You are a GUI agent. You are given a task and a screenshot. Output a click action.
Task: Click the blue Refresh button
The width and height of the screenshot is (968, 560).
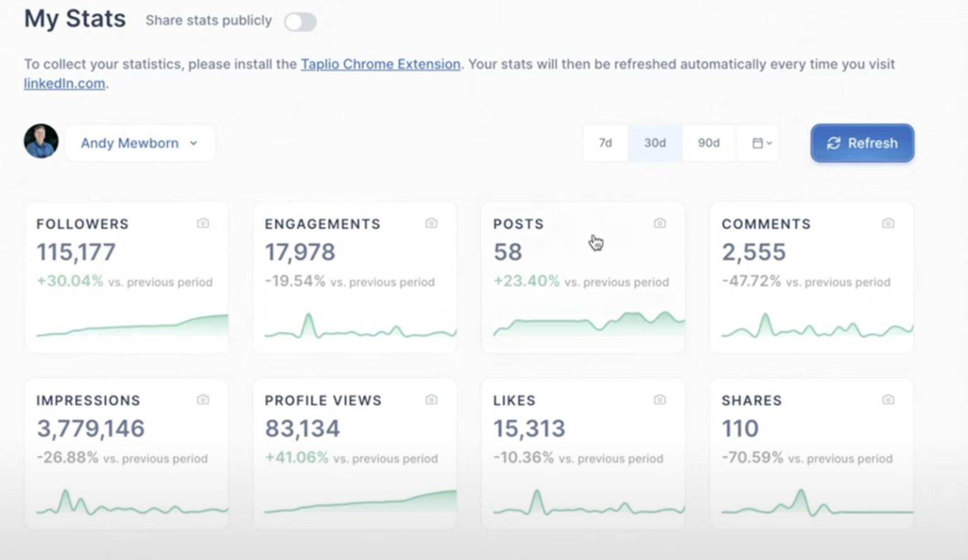coord(861,143)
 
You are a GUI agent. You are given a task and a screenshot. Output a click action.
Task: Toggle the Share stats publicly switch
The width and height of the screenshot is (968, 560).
coord(300,22)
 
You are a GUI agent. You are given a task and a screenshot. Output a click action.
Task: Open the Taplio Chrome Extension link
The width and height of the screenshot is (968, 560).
coord(380,64)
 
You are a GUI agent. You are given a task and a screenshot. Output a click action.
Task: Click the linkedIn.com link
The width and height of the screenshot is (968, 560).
coord(64,83)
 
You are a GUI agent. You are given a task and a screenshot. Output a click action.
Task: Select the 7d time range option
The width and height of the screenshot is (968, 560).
coord(605,143)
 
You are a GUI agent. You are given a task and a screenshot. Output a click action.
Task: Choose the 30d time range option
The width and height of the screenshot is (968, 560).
coord(655,143)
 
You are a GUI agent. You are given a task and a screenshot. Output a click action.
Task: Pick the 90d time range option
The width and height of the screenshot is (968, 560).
coord(708,143)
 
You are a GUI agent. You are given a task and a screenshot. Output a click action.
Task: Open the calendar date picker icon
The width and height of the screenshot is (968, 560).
coord(761,143)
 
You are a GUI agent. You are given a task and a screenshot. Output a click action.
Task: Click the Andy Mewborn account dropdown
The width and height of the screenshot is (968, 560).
coord(139,143)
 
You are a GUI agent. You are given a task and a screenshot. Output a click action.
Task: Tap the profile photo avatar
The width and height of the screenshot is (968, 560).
coord(42,141)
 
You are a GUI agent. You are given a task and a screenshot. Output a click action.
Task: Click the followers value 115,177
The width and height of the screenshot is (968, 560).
coord(76,252)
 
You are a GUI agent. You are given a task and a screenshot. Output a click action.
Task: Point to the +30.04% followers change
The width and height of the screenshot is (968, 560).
coord(70,281)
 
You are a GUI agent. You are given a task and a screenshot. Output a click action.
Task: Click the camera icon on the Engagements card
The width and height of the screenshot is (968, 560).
coord(431,223)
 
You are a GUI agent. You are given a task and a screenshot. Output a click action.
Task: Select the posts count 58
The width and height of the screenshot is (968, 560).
coord(507,252)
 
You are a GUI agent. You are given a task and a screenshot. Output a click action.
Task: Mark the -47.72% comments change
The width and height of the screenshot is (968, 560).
coord(751,281)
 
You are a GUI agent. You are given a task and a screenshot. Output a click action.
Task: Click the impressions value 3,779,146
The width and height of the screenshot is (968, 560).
coord(91,428)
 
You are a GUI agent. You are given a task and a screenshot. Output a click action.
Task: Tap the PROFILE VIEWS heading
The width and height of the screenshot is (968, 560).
coord(323,401)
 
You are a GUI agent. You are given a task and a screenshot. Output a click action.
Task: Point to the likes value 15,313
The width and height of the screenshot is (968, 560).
coord(529,428)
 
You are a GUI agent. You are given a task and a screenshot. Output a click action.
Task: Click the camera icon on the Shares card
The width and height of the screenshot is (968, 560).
coord(888,399)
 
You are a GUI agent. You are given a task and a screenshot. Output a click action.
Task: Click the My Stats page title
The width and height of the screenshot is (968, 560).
coord(75,19)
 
